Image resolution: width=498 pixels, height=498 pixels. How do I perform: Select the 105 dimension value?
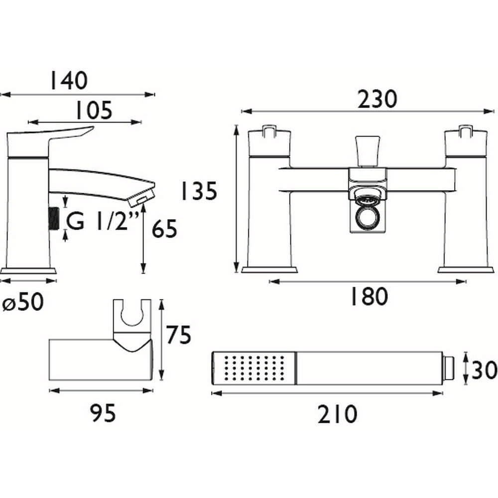pyautogui.click(x=94, y=111)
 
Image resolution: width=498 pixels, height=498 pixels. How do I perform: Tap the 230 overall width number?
pyautogui.click(x=378, y=99)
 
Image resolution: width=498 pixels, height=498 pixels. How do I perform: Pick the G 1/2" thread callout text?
pyautogui.click(x=101, y=222)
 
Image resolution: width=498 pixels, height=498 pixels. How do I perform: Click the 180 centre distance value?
pyautogui.click(x=368, y=297)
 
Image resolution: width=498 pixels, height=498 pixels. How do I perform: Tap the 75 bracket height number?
pyautogui.click(x=179, y=336)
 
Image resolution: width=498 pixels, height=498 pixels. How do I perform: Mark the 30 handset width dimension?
pyautogui.click(x=483, y=371)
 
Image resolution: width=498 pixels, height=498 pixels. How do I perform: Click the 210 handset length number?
pyautogui.click(x=337, y=414)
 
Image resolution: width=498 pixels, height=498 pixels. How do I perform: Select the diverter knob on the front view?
pyautogui.click(x=367, y=150)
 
